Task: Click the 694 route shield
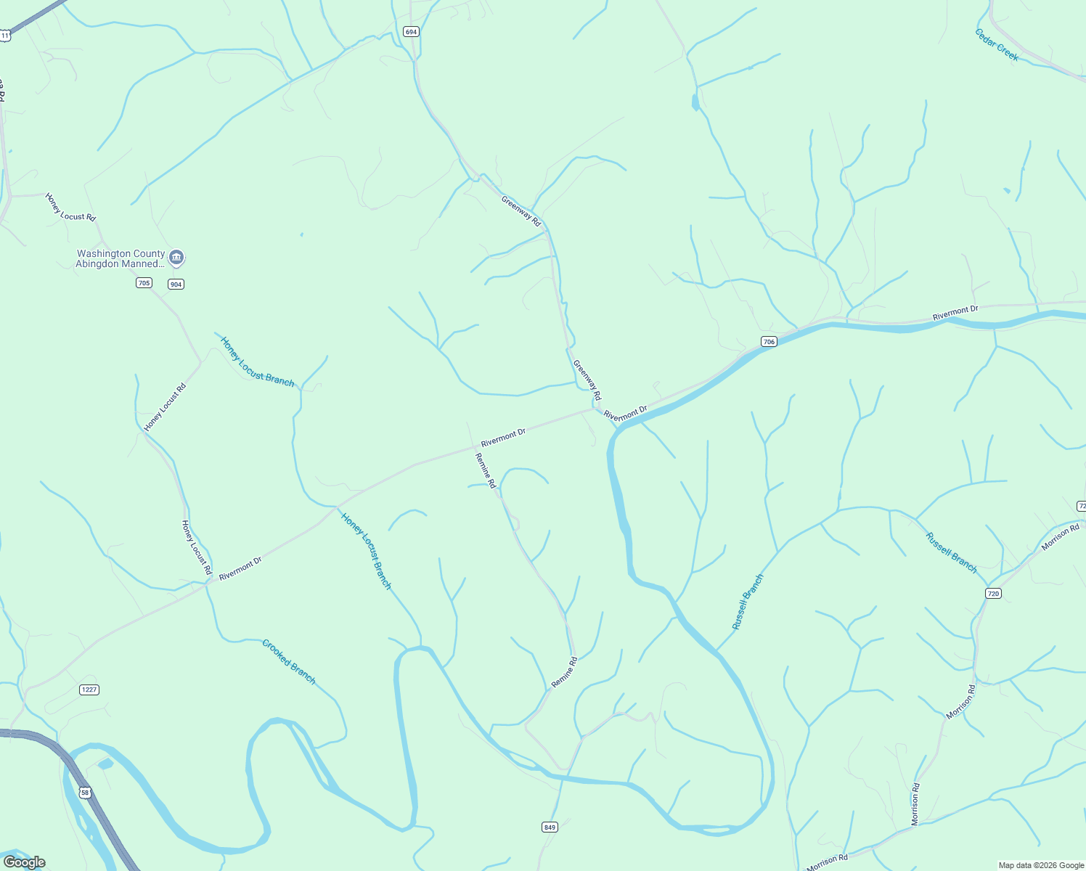pos(412,31)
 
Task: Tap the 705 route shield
pos(144,282)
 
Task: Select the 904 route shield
pos(176,284)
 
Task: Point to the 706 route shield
pos(769,341)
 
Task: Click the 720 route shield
pos(993,593)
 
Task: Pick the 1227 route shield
pos(89,690)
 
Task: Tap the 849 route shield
pos(550,827)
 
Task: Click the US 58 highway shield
pos(86,793)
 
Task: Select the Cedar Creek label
pos(997,45)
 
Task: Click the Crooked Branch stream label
pos(289,662)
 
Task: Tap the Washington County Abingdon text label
pos(121,258)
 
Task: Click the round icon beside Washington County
pos(176,258)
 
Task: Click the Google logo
pos(25,862)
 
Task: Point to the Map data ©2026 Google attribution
pos(1041,865)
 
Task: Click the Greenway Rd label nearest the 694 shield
pos(521,210)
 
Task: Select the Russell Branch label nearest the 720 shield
pos(952,552)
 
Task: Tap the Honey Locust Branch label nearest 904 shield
pos(258,362)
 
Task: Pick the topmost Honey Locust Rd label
pos(70,207)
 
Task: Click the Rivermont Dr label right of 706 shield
pos(955,313)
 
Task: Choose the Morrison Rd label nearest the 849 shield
pos(828,862)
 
